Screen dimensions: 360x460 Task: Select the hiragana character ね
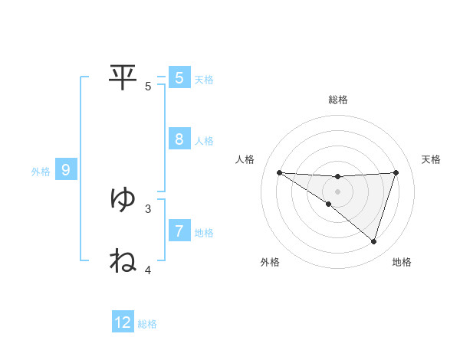(123, 260)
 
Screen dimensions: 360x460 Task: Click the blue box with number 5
(179, 77)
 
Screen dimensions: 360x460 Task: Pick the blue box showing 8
(179, 139)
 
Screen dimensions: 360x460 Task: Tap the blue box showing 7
(179, 230)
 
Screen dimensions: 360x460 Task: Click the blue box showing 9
(66, 170)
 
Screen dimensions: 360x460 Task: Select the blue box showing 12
(123, 322)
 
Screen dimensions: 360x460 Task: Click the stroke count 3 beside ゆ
(148, 208)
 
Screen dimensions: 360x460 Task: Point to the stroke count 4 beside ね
(148, 270)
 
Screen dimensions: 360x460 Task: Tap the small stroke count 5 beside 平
(148, 86)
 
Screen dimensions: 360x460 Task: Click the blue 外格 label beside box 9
(41, 172)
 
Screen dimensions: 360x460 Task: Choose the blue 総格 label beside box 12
(147, 324)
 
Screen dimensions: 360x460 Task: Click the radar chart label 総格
(338, 100)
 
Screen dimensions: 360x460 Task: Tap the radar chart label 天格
(431, 159)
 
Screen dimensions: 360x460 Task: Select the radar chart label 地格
(402, 262)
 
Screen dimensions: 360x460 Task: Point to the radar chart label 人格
(245, 159)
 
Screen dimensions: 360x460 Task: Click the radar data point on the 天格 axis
(396, 172)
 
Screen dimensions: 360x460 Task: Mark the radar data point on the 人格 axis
(280, 172)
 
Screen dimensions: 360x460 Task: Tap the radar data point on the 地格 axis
(373, 241)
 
